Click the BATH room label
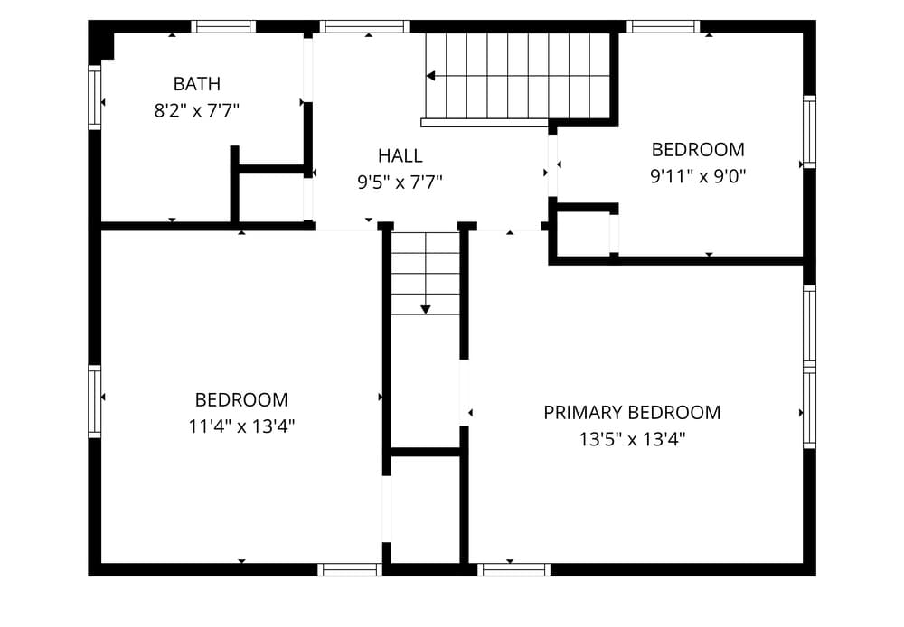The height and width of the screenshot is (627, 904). point(196,84)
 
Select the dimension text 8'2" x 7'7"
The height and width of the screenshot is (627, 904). point(196,110)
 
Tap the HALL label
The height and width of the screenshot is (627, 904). point(400,155)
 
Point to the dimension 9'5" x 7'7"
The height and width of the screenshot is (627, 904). point(400,182)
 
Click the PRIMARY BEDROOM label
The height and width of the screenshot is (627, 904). point(632,413)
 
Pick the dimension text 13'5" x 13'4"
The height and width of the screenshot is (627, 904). point(632,439)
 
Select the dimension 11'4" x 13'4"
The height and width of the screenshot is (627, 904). point(241,426)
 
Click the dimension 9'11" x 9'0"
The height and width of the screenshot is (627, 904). point(698,176)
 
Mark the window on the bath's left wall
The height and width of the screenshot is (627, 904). point(95,98)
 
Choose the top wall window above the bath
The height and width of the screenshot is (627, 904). point(223,26)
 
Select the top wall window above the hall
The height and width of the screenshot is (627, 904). point(364,26)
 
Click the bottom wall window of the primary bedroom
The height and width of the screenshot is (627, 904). point(513,569)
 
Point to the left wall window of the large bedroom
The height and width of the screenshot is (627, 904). point(95,401)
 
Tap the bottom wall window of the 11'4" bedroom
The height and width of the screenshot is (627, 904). point(350,569)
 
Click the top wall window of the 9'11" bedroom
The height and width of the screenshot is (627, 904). point(663,26)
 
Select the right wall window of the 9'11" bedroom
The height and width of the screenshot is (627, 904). point(809,132)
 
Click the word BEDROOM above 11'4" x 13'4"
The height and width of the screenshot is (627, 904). point(241,400)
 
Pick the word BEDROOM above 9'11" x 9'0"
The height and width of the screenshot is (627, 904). point(698,150)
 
